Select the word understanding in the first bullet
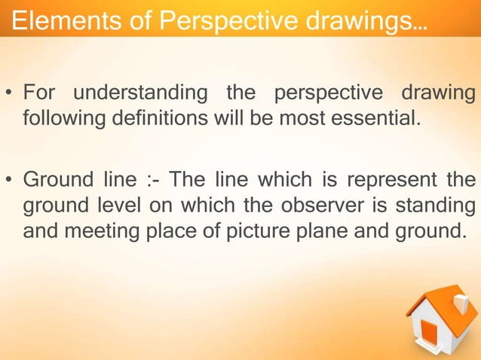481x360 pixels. pyautogui.click(x=140, y=96)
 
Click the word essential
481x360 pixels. pyautogui.click(x=372, y=118)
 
